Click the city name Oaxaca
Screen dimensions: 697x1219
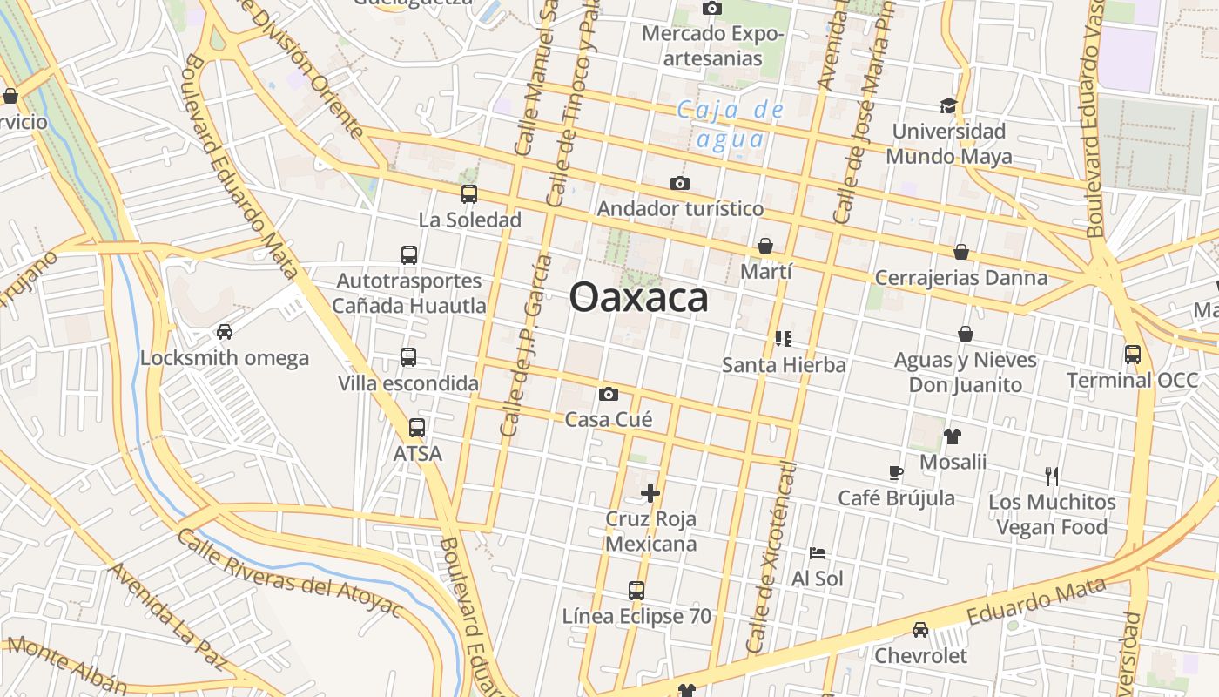[638, 298]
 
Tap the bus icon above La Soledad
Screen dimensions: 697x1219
[469, 193]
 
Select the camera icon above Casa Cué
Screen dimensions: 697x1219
[609, 394]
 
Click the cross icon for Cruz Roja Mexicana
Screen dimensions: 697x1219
[650, 493]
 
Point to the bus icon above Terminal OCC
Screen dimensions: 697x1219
[1133, 355]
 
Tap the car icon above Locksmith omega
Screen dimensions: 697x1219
[225, 332]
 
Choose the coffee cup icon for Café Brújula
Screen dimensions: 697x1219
[896, 472]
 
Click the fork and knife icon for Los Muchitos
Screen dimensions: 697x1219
[1052, 476]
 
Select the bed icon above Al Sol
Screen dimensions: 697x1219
[817, 552]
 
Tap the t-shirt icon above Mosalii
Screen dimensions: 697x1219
[952, 436]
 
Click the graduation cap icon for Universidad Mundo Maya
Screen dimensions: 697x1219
[948, 105]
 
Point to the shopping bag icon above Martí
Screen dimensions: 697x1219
[765, 246]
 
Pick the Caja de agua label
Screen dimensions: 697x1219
[731, 125]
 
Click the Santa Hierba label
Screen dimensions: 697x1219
[784, 364]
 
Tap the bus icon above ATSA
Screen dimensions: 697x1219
[417, 428]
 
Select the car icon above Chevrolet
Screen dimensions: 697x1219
[920, 630]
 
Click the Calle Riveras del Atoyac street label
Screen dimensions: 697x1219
[290, 572]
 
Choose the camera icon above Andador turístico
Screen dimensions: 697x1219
[680, 183]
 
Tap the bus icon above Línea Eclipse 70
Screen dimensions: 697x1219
[636, 591]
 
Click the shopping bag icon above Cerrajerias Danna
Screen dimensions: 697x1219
[961, 252]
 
